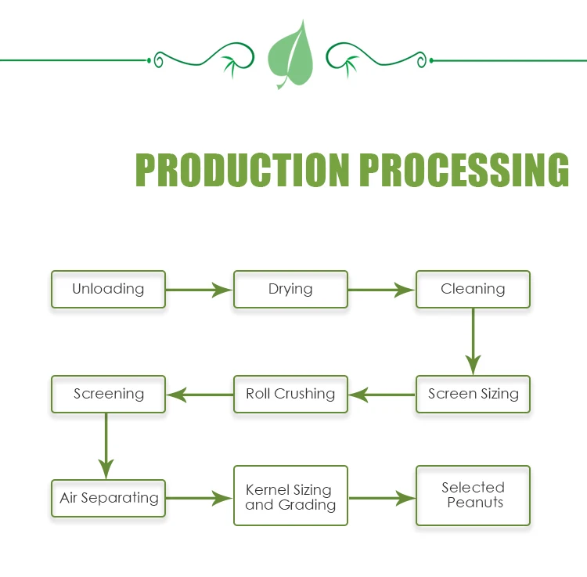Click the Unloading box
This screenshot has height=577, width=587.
[x=108, y=290]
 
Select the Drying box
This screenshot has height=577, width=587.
[x=290, y=290]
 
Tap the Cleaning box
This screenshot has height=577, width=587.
[x=473, y=290]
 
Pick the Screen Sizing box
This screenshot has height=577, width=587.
[x=473, y=395]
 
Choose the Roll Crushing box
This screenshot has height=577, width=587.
[x=290, y=395]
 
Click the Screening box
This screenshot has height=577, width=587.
[x=108, y=395]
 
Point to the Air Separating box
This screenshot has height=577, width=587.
[x=108, y=499]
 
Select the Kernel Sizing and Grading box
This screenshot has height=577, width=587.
[x=290, y=496]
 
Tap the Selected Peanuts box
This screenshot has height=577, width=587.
[x=473, y=496]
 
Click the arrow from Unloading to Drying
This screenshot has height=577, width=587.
[x=199, y=290]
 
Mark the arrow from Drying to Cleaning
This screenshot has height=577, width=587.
[x=381, y=290]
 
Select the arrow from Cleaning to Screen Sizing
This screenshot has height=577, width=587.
[x=474, y=341]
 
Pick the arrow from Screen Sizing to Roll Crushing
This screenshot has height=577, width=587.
[x=382, y=395]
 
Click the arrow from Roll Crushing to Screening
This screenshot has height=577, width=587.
[x=200, y=395]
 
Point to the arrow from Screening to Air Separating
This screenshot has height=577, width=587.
[x=106, y=446]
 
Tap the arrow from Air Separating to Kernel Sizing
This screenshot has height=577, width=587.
[x=199, y=499]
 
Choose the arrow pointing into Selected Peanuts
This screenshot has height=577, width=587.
[x=382, y=499]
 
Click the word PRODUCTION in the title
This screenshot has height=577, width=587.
[x=243, y=170]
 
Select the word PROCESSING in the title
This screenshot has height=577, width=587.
[x=464, y=170]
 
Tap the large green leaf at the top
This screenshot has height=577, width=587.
[x=291, y=56]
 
